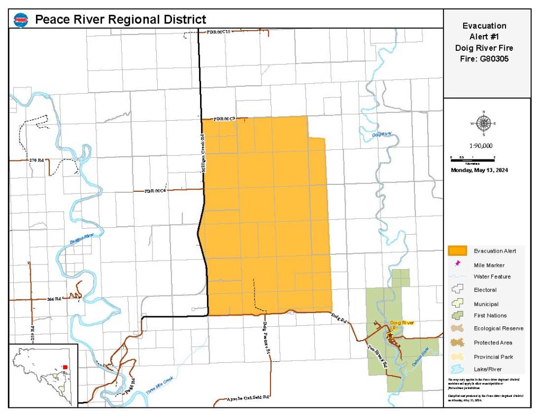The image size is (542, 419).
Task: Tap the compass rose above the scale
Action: click(x=484, y=123)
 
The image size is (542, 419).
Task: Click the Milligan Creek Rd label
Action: click(x=202, y=150)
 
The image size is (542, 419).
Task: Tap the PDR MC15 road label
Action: click(x=219, y=32)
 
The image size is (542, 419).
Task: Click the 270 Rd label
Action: click(x=37, y=159)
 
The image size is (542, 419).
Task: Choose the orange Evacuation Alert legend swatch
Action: click(x=457, y=251)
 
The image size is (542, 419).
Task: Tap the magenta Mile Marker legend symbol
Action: click(x=457, y=264)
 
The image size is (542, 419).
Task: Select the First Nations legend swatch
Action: click(x=457, y=316)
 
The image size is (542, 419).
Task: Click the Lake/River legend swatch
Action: click(x=457, y=369)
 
